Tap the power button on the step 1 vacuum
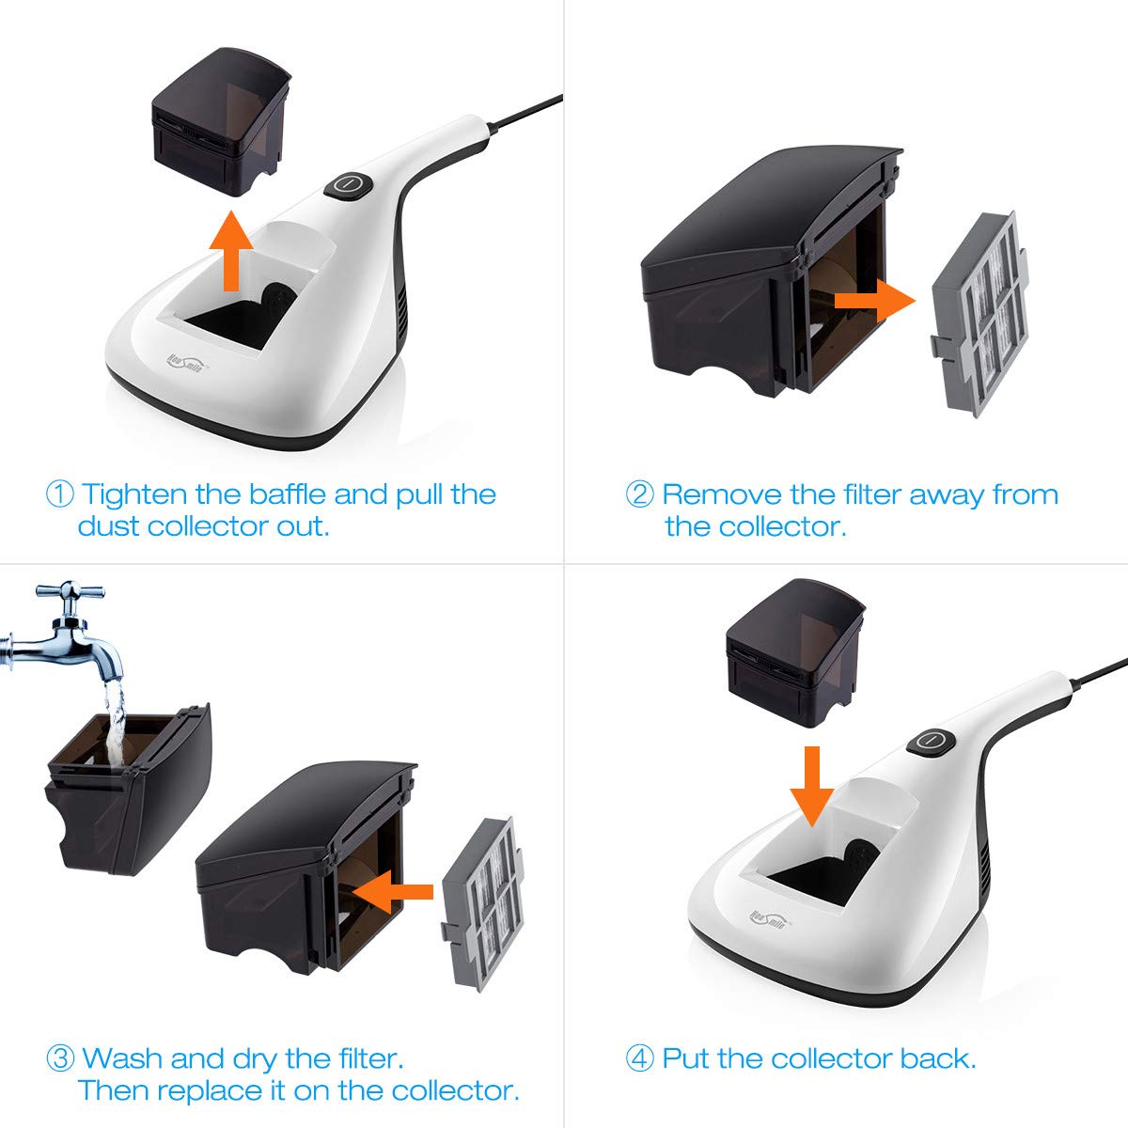(x=349, y=184)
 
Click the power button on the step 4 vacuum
(x=932, y=740)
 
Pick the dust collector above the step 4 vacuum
(x=795, y=649)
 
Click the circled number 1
(x=59, y=494)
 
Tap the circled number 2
(x=639, y=494)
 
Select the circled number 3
(x=60, y=1058)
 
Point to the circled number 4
(x=639, y=1058)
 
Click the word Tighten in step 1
(x=135, y=495)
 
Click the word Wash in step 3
(x=123, y=1058)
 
